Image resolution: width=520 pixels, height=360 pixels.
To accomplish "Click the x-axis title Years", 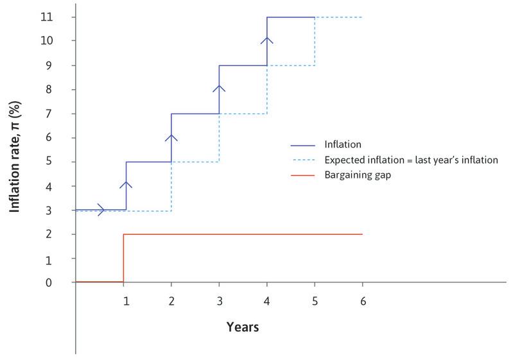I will (243, 327).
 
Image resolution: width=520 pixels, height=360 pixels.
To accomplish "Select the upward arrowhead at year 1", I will (126, 185).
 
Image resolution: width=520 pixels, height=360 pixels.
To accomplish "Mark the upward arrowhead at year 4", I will (267, 40).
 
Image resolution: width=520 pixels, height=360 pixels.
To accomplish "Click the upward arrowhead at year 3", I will (220, 89).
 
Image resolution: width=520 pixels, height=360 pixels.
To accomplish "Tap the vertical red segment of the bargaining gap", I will (123, 258).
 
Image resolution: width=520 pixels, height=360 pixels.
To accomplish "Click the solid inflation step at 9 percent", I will (243, 65).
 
